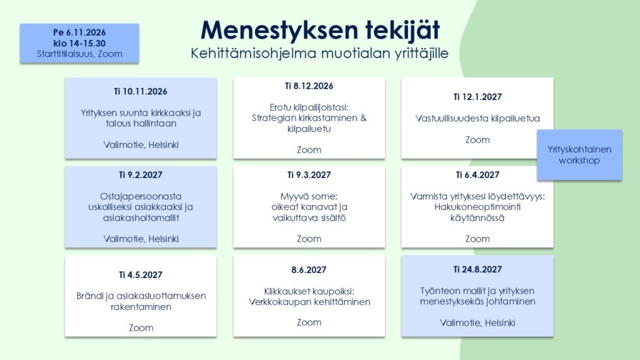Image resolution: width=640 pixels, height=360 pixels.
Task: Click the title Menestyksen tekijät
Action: coord(320,31)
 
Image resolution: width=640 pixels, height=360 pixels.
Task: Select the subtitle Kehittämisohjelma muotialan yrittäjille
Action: coord(319,54)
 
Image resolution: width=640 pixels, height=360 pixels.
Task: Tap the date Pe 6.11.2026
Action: coord(79,32)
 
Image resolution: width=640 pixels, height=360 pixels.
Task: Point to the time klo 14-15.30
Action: coord(79,43)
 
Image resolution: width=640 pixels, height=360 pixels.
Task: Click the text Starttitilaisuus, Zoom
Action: coord(79,54)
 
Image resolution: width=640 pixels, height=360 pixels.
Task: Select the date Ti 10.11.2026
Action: coord(141,91)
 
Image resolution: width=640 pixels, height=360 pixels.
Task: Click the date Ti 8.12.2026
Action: coord(309,86)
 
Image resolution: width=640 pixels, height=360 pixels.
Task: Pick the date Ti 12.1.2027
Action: coord(477,97)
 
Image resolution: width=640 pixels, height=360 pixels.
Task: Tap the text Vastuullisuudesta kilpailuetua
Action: coord(477,118)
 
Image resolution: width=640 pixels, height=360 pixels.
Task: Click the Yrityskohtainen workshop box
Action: coord(579,155)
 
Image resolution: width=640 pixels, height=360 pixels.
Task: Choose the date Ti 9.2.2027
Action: coord(141,175)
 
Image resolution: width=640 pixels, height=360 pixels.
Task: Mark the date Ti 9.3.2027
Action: coord(309,175)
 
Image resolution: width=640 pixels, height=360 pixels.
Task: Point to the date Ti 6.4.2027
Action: coord(477,175)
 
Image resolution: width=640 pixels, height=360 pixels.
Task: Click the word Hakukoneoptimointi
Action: coord(477,207)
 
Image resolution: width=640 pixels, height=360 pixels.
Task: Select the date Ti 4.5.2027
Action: coord(141,275)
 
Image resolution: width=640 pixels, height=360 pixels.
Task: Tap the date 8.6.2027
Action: coord(309,270)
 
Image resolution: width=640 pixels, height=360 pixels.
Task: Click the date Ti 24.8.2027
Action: coord(477,269)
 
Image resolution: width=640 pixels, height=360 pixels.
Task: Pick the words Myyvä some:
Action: coord(309,196)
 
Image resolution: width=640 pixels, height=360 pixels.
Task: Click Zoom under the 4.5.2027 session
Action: coord(141,327)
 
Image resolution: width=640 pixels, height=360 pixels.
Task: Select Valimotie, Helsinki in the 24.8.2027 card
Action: coord(477,323)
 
